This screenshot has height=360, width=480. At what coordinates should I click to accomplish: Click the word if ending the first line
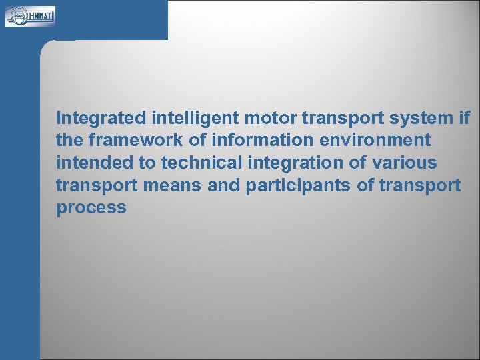[465, 119]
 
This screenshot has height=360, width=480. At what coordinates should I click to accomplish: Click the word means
[172, 185]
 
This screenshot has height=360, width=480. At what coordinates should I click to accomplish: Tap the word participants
[299, 185]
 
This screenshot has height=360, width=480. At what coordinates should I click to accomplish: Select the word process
[91, 208]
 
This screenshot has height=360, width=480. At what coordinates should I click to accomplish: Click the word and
[224, 185]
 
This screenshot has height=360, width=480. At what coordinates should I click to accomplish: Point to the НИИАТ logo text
[40, 15]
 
